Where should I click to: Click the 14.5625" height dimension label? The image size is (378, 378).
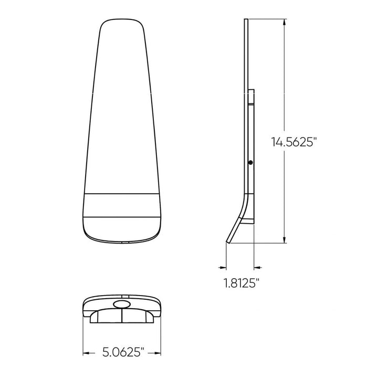pos(295,141)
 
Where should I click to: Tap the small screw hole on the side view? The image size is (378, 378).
pos(251,163)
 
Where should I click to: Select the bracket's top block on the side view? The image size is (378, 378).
pos(251,97)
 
